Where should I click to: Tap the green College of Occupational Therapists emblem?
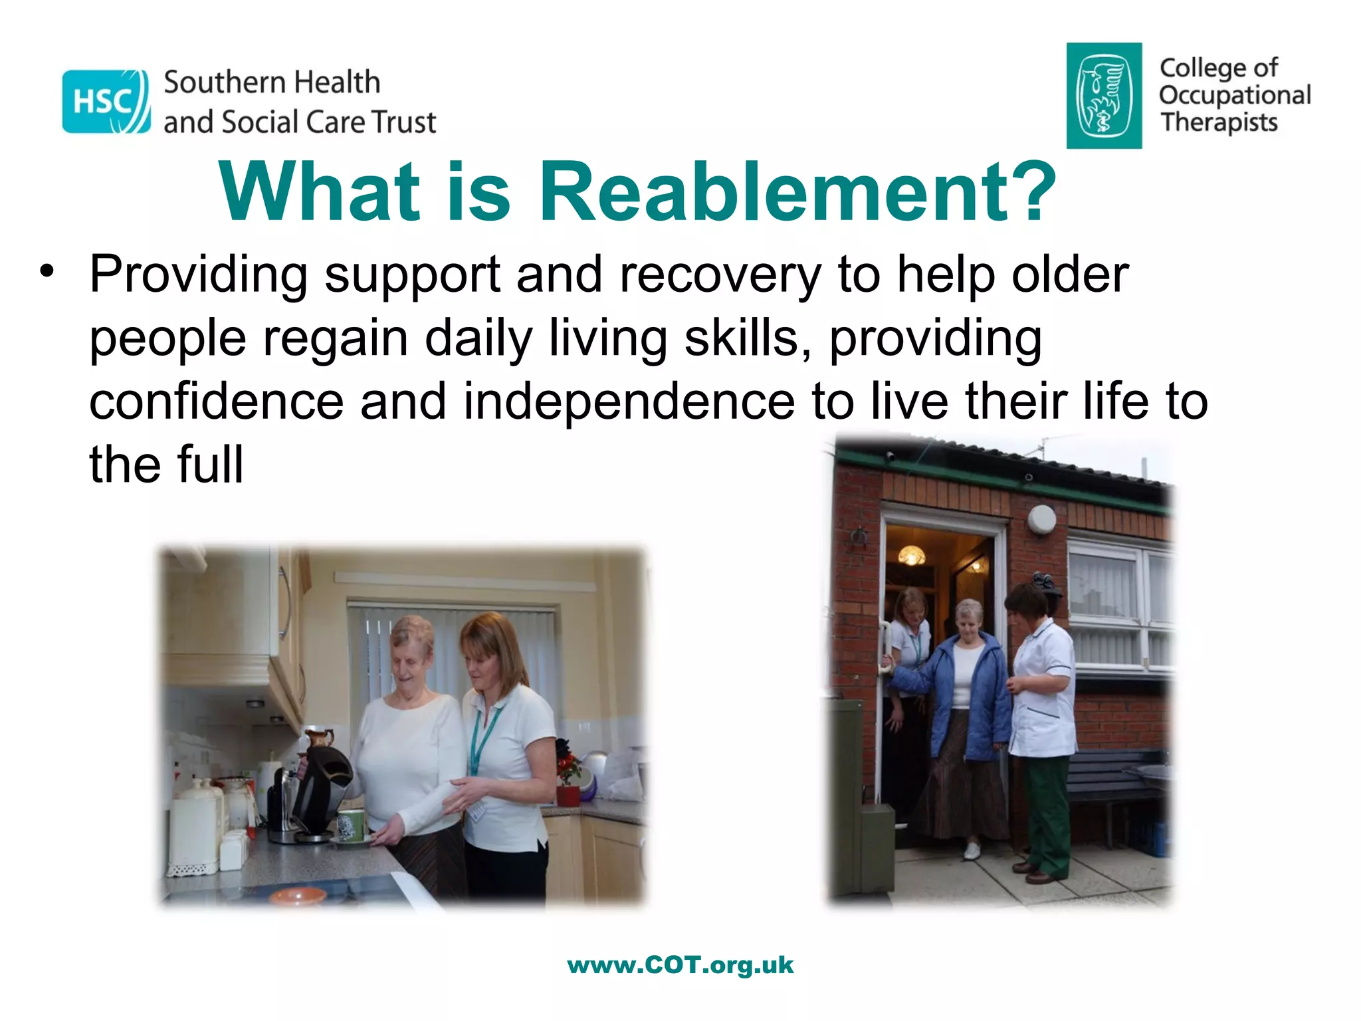(x=1104, y=96)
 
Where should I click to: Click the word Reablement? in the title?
(x=797, y=192)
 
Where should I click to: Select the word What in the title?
(x=319, y=192)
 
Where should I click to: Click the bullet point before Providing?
(x=46, y=271)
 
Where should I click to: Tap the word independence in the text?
(x=629, y=401)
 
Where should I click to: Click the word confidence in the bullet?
(x=216, y=401)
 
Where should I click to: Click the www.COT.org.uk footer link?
(x=680, y=964)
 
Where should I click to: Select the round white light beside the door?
(x=1041, y=519)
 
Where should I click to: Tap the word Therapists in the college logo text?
(x=1219, y=123)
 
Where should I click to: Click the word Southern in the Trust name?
(x=223, y=82)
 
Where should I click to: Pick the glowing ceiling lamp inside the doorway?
(x=911, y=554)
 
